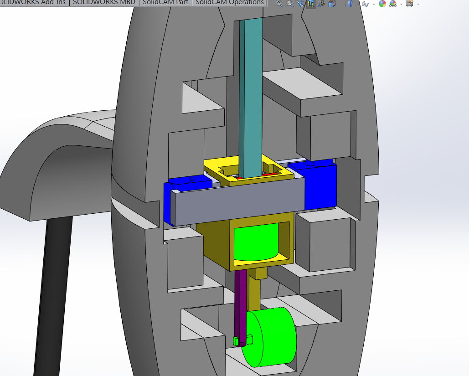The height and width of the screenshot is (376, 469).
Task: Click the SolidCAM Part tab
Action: click(165, 2)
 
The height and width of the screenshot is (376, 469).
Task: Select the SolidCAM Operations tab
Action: click(229, 2)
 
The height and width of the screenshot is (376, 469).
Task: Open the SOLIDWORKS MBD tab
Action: click(104, 2)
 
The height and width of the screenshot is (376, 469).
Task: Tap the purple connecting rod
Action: click(240, 301)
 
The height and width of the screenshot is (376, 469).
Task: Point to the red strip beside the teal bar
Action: click(268, 174)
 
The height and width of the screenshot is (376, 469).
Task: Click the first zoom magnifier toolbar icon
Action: click(279, 4)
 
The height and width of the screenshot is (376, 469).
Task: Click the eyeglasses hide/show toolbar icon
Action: click(365, 4)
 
